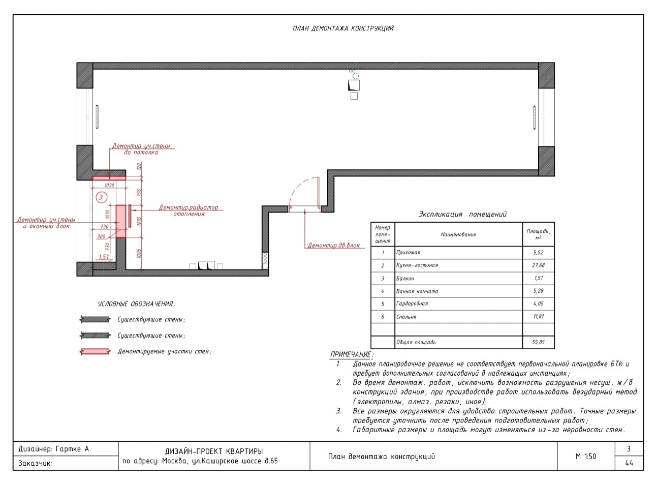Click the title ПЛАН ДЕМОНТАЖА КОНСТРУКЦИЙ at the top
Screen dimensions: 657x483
343,28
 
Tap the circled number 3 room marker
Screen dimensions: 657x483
101,197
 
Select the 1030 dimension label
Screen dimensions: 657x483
109,185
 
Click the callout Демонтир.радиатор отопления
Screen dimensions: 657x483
189,210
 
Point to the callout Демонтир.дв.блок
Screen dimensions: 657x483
333,246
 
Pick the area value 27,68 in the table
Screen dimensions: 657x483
538,265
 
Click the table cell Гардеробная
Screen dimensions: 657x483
412,304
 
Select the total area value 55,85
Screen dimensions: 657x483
538,342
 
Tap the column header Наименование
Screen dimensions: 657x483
458,234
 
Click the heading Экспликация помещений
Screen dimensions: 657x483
462,214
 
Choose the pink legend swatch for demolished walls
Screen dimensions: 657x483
95,351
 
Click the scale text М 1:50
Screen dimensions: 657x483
586,456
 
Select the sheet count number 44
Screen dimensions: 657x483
629,463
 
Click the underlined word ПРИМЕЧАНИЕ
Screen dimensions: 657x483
351,354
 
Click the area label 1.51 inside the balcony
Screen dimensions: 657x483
104,257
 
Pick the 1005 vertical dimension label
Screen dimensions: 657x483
139,254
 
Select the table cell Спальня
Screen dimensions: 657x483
406,317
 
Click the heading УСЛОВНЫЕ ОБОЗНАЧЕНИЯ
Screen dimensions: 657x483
136,304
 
